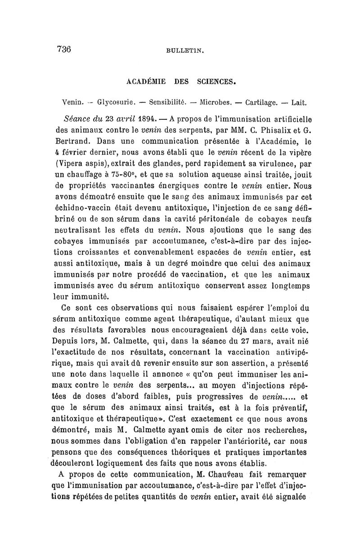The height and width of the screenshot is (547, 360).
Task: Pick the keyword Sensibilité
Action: pyautogui.click(x=166, y=103)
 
